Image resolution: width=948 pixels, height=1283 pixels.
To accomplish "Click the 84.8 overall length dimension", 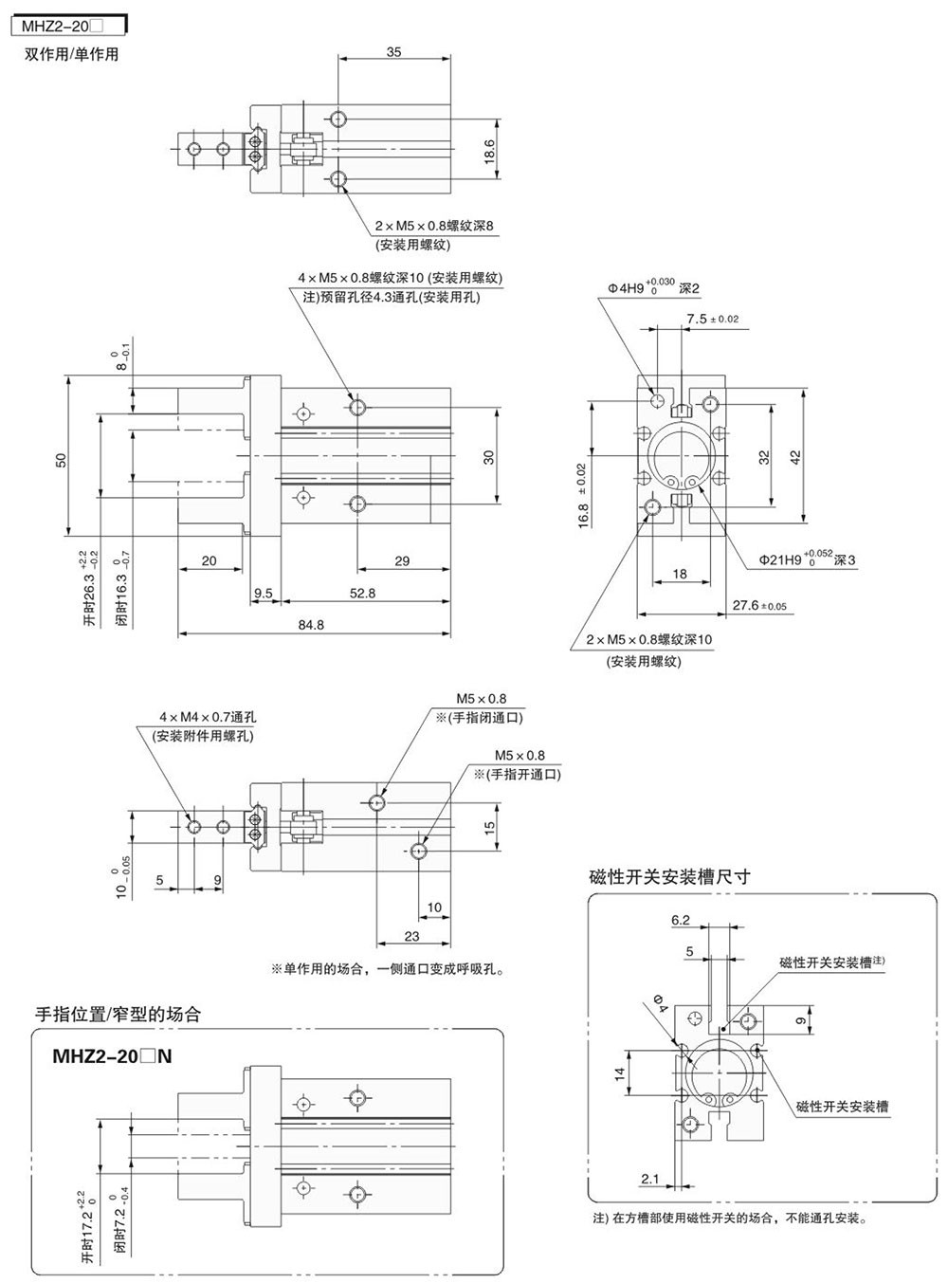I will pos(311,624).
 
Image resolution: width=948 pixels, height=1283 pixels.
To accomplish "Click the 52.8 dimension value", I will pos(363,593).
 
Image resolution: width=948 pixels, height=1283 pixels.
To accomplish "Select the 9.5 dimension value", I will pos(263,593).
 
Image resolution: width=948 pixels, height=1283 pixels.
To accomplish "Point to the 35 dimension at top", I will pos(393,52).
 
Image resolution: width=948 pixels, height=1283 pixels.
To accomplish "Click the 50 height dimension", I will pos(61,460).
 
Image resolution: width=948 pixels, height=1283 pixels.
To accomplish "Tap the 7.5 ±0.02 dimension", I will pos(712,319).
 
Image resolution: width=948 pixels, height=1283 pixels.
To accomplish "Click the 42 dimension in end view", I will pos(796,456).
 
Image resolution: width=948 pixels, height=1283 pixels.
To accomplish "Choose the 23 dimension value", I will pos(411,935).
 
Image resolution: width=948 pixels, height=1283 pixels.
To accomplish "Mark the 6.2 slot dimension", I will pos(680,919).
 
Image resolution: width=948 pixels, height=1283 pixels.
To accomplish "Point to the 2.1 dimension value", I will pos(650,1179).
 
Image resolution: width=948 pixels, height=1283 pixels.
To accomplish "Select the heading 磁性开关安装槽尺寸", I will pos(669,876).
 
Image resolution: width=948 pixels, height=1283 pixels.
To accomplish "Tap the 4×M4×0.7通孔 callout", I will pos(208,717).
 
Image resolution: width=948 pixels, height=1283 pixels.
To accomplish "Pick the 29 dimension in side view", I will pos(402,560).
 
